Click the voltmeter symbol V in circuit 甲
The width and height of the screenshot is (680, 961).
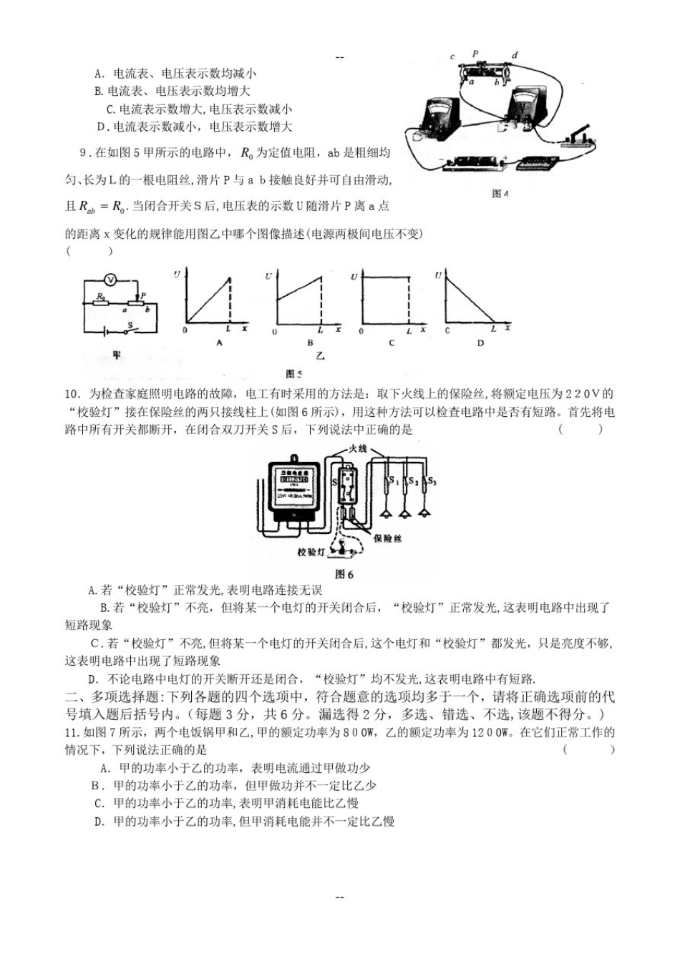coord(111,279)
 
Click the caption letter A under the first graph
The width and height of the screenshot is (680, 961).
coord(219,343)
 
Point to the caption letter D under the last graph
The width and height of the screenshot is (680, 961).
coord(480,343)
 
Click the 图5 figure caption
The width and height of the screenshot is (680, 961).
coord(294,374)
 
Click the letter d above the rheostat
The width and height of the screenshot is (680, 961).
coord(515,56)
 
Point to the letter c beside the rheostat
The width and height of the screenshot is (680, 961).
coord(452,56)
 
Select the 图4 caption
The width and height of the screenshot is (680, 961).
coord(500,194)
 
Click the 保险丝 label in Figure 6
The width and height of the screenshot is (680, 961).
coord(387,538)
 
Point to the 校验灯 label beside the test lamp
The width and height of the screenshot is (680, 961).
coord(311,552)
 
